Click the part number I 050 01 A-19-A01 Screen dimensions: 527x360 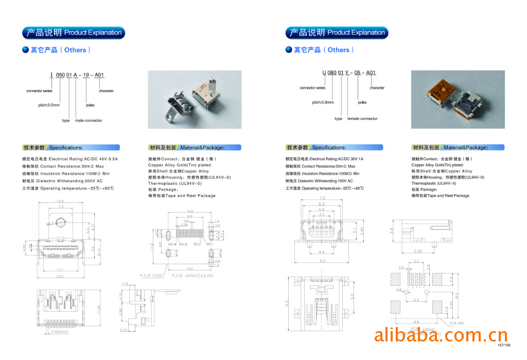(x=77, y=75)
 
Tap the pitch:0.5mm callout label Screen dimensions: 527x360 (x=49, y=105)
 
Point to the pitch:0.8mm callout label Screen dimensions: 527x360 (x=323, y=102)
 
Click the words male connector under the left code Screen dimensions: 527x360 (x=88, y=121)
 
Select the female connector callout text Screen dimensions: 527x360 (x=362, y=118)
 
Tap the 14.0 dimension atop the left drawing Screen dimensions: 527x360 (x=60, y=201)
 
